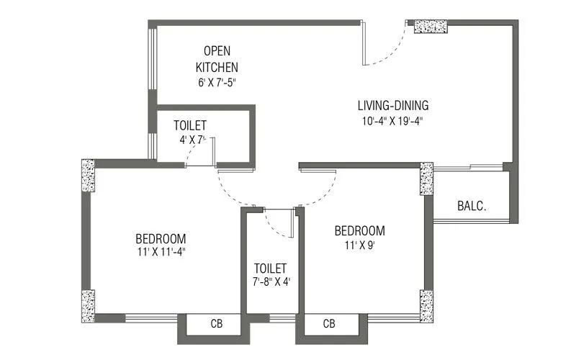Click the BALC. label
pyautogui.click(x=472, y=205)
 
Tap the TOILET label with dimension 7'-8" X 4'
pyautogui.click(x=270, y=268)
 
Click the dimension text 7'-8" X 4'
pyautogui.click(x=270, y=282)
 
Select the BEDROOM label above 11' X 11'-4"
pyautogui.click(x=161, y=238)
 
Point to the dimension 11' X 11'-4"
pyautogui.click(x=161, y=253)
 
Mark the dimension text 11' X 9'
pyautogui.click(x=359, y=245)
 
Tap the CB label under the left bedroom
pyautogui.click(x=216, y=324)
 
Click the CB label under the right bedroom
pyautogui.click(x=330, y=324)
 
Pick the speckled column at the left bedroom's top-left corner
pyautogui.click(x=88, y=175)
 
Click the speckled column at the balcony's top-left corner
pyautogui.click(x=426, y=179)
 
